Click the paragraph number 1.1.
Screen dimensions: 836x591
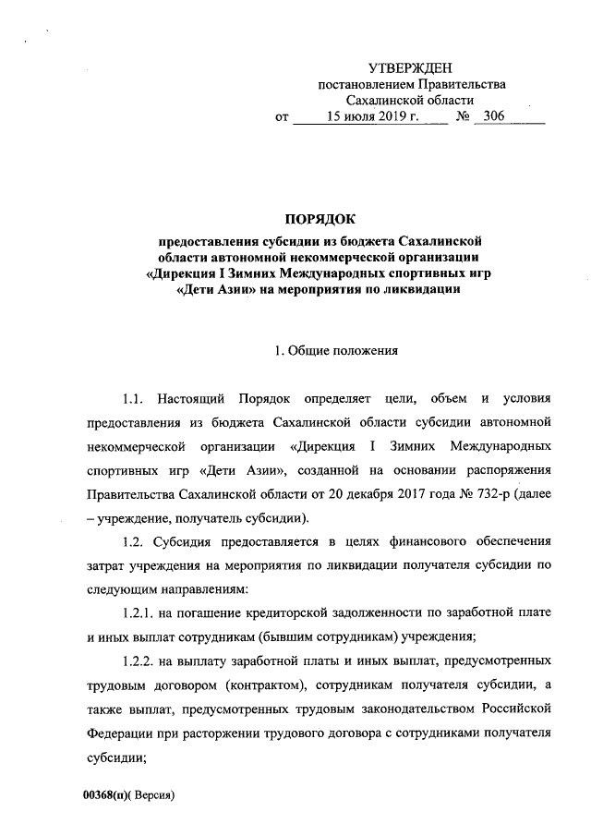coord(135,399)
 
